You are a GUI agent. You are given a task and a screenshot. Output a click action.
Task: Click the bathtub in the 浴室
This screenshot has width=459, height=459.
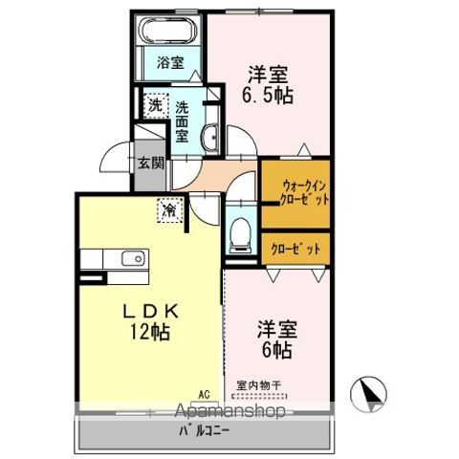tap(168, 31)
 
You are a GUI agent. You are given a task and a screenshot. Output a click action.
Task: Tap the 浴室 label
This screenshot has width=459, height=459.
tap(170, 63)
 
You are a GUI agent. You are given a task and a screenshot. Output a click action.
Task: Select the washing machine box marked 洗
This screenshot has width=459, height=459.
tap(156, 105)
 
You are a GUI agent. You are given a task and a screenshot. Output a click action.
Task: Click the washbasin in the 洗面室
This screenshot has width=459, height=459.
tap(210, 137)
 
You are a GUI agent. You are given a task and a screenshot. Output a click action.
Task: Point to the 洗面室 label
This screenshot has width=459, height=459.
tap(183, 121)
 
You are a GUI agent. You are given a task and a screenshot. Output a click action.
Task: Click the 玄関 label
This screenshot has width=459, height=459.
tap(151, 164)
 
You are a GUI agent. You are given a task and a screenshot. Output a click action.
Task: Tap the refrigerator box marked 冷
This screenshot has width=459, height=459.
tap(170, 210)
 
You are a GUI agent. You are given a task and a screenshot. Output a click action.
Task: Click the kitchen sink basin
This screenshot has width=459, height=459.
tap(134, 258)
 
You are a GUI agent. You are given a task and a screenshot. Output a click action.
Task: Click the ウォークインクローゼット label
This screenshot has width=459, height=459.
tap(304, 192)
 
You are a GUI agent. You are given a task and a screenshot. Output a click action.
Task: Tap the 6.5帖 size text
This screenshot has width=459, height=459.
tap(268, 95)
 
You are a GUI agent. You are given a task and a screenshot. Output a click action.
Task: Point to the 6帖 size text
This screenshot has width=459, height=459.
tap(277, 350)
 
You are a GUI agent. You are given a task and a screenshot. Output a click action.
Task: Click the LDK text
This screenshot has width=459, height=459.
tap(151, 312)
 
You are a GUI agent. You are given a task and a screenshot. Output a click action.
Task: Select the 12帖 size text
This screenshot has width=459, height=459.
tap(149, 333)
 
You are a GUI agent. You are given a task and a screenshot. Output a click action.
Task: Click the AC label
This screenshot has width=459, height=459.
tap(205, 395)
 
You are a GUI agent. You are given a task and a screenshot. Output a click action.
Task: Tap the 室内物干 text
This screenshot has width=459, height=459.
tap(258, 385)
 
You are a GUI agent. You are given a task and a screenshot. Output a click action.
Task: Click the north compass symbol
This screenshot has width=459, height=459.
tap(368, 394)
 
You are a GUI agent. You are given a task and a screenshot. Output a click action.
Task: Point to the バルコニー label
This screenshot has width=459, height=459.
tap(204, 431)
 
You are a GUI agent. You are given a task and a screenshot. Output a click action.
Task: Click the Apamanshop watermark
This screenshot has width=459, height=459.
tap(230, 411)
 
